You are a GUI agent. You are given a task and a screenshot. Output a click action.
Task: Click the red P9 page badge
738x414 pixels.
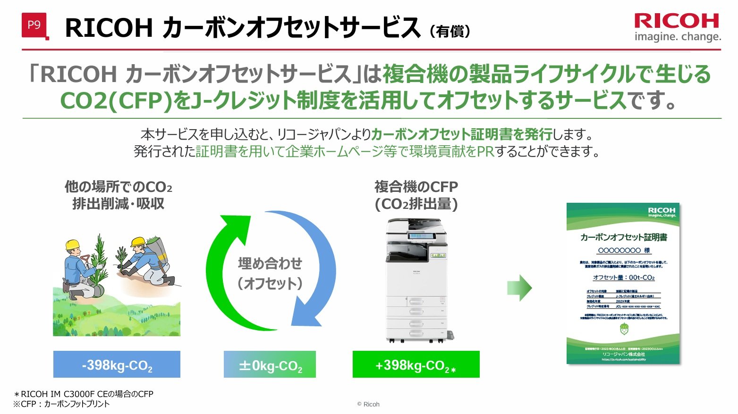pos(34,25)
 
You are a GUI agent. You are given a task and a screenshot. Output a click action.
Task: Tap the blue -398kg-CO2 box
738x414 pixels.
pos(117,364)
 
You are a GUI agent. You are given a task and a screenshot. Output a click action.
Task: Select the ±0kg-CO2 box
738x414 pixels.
pos(270,364)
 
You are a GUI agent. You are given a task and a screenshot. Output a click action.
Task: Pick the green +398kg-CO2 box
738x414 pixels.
pos(416,364)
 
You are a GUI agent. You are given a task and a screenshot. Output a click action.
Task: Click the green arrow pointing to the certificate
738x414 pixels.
pos(519,288)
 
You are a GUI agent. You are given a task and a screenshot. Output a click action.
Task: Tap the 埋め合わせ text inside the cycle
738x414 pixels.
pos(270,263)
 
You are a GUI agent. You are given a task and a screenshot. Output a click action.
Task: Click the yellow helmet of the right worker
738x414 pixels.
pos(137,241)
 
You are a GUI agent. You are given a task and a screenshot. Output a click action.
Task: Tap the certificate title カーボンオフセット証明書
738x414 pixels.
pos(623,237)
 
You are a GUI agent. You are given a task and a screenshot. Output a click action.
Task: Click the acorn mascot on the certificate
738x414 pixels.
pos(624,329)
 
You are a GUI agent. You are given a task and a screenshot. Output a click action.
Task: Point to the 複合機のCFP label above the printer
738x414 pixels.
pos(416,187)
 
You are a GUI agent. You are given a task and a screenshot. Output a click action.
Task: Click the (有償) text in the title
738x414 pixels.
pos(450,31)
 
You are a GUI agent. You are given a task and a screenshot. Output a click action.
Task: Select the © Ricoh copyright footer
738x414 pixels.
pos(368,404)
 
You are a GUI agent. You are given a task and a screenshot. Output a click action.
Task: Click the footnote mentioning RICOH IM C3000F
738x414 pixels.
pos(84,394)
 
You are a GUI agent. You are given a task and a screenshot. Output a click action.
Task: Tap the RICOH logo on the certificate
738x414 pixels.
pos(662,212)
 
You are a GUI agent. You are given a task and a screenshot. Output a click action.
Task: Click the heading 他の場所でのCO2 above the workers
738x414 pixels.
pos(118,187)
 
